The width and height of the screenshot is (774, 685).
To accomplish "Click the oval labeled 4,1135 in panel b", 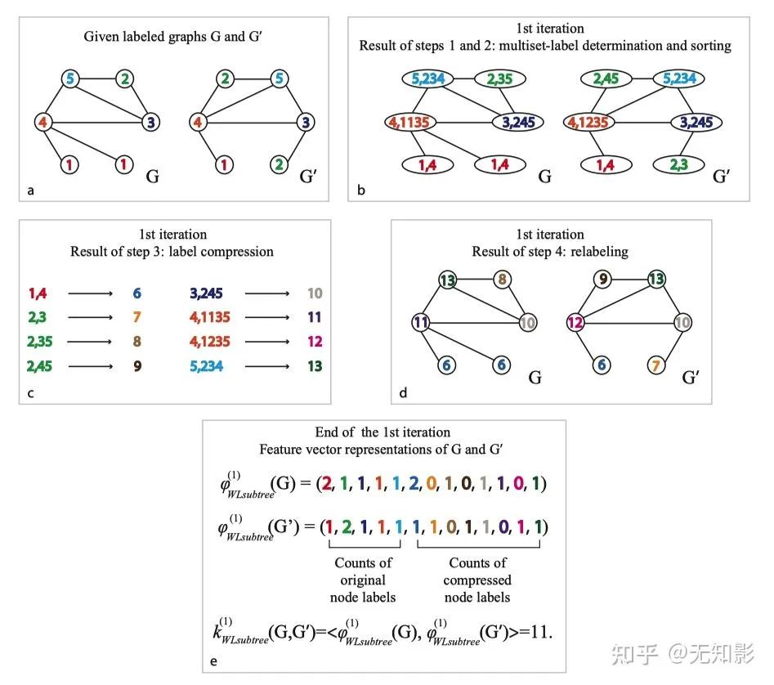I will [411, 123].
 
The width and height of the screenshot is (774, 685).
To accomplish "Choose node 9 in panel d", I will [603, 280].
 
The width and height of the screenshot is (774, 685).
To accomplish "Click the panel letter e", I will [214, 661].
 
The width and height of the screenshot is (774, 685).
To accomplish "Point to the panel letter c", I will [30, 393].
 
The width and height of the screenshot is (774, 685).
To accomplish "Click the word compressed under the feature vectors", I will [477, 580].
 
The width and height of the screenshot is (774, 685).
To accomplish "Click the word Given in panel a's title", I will [101, 36].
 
